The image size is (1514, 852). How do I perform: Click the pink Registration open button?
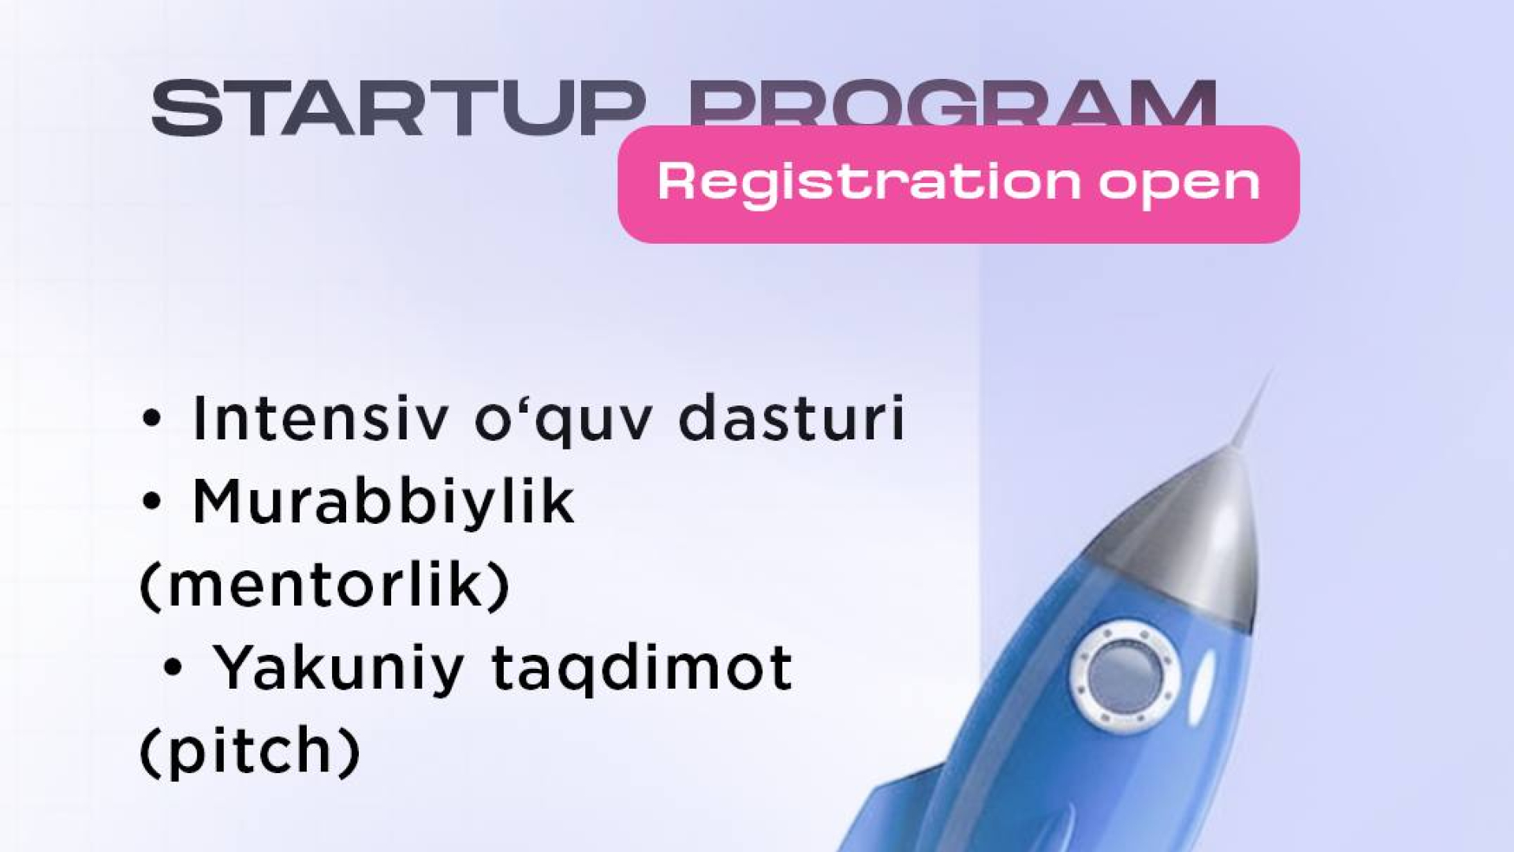958,184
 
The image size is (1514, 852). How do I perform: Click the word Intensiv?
320,419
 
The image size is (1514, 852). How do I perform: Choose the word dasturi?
791,419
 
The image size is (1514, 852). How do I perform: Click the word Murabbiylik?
383,503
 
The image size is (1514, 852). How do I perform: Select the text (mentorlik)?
325,585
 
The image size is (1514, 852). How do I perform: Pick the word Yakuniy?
338,669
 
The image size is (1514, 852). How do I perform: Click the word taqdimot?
642,669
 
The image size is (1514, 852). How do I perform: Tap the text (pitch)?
250,751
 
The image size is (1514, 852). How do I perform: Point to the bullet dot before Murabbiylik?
151,503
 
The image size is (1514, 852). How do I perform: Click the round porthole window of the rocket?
1124,673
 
